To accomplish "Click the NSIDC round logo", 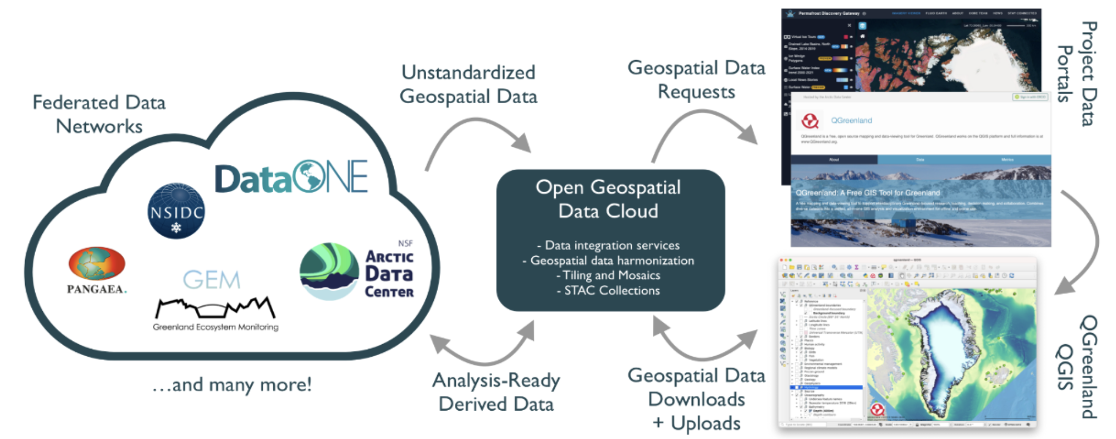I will pyautogui.click(x=176, y=211).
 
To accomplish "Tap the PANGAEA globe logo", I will pyautogui.click(x=97, y=264).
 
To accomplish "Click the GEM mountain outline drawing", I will pyautogui.click(x=215, y=308).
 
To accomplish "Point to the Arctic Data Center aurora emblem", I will pyautogui.click(x=328, y=271).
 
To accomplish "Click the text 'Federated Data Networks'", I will pyautogui.click(x=99, y=114).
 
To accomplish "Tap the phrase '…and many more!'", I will pyautogui.click(x=232, y=385).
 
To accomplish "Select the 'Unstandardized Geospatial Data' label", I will pyautogui.click(x=468, y=84).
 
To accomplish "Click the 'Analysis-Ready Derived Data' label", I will pyautogui.click(x=496, y=392).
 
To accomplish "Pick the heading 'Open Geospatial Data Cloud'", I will pyautogui.click(x=608, y=199).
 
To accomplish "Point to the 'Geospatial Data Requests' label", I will pyautogui.click(x=696, y=80).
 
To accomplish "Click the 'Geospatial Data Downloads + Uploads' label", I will pyautogui.click(x=696, y=399).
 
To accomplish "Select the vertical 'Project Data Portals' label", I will pyautogui.click(x=1077, y=73).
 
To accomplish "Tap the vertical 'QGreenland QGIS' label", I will pyautogui.click(x=1076, y=367).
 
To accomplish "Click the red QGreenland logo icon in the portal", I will pyautogui.click(x=810, y=121).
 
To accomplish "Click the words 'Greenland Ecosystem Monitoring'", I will pyautogui.click(x=215, y=327).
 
